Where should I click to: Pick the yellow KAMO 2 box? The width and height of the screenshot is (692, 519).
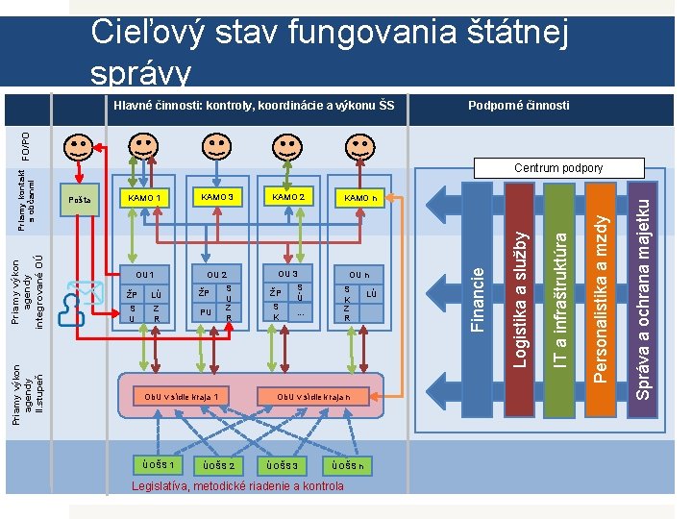pyautogui.click(x=288, y=197)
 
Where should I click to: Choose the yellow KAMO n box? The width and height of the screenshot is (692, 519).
pyautogui.click(x=361, y=199)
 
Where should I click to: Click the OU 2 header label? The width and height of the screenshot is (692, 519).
pyautogui.click(x=217, y=275)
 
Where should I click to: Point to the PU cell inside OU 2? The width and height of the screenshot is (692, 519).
pyautogui.click(x=206, y=311)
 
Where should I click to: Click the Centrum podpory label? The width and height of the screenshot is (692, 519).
pyautogui.click(x=558, y=168)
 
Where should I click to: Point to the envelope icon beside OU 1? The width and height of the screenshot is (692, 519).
pyautogui.click(x=88, y=289)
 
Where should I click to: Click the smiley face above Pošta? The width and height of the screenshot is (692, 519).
pyautogui.click(x=79, y=149)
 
